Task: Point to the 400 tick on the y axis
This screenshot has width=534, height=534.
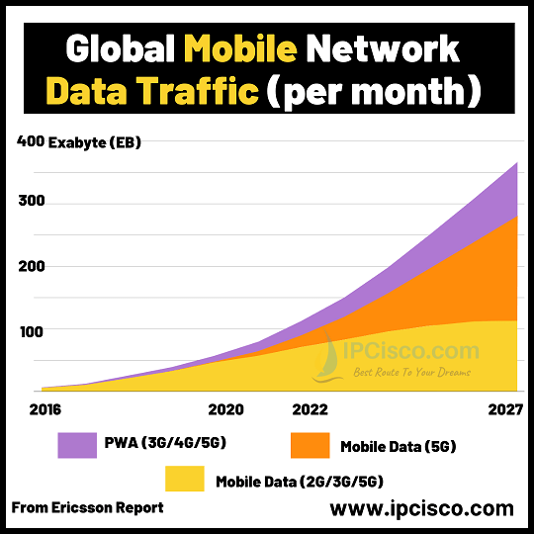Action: (31, 142)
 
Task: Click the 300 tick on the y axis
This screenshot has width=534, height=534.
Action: (31, 203)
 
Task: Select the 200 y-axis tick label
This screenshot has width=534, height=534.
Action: (31, 267)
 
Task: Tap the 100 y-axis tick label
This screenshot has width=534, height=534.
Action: (31, 330)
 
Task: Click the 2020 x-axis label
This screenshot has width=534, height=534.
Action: (226, 407)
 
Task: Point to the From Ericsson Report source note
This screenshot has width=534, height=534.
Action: (87, 508)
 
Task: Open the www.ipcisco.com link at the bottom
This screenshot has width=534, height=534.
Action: (421, 509)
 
